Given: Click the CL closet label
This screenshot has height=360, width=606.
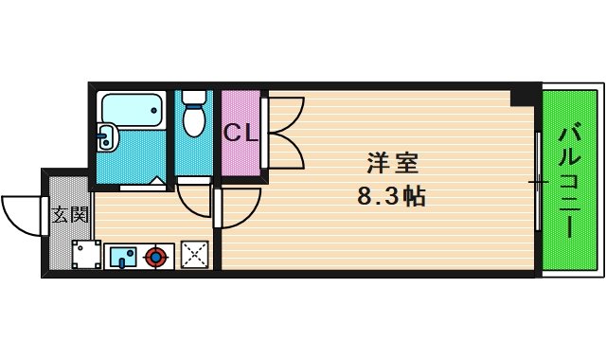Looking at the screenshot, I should point(240,133).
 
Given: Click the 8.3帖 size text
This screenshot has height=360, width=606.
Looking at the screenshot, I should point(390,198).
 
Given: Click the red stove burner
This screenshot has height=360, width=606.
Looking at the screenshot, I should point(156,255).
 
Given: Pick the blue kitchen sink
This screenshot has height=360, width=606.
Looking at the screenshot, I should point(123,256).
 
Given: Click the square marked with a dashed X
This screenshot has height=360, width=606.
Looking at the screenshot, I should point(195,254).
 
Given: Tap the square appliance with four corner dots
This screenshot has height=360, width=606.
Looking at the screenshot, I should point(87,254).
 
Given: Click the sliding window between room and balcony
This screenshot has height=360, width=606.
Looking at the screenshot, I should point(537,180).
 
